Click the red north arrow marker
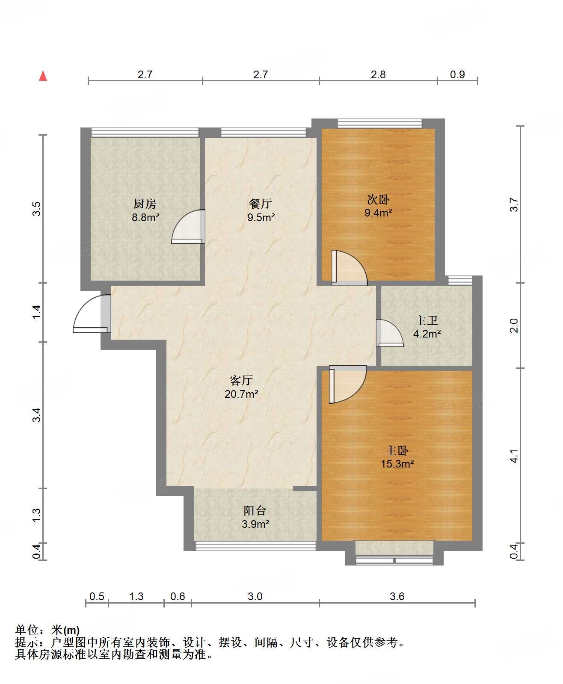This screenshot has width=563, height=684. [43, 76]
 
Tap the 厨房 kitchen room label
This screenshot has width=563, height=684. [145, 204]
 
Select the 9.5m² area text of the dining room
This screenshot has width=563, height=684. [261, 217]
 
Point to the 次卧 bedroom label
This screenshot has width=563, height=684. [378, 199]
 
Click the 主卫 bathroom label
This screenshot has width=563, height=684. [427, 320]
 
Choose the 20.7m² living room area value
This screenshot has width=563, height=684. [241, 394]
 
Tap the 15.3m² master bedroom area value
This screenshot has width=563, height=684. [397, 464]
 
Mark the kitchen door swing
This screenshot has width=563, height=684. [188, 226]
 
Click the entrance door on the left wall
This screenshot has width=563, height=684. [92, 314]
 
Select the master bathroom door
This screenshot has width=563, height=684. [390, 333]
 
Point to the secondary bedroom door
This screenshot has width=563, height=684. [349, 268]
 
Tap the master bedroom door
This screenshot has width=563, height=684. [348, 384]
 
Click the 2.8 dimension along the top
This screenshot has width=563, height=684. [378, 74]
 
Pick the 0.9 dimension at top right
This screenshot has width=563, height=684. [457, 74]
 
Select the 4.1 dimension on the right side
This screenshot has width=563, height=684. [514, 456]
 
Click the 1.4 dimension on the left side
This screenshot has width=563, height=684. [37, 312]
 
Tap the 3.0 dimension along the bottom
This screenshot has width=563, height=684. [255, 596]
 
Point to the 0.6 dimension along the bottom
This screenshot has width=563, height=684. [178, 596]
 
